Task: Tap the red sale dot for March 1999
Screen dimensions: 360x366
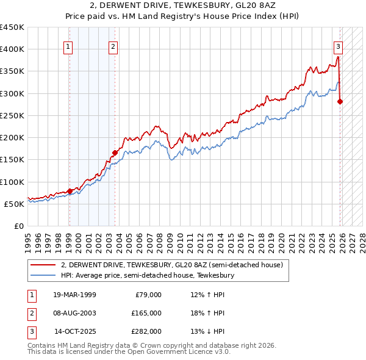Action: [70, 191]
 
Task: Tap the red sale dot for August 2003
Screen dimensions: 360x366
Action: [114, 153]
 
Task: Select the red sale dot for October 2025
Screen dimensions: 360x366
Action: [340, 101]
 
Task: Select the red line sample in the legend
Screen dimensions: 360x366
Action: [42, 265]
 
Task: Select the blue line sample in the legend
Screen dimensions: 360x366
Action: [42, 276]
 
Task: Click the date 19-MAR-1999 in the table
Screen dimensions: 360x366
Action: [74, 295]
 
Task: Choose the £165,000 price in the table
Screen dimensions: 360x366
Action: [147, 313]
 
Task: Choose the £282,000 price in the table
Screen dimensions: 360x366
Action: [147, 331]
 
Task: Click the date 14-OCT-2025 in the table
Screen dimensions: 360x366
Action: [75, 331]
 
